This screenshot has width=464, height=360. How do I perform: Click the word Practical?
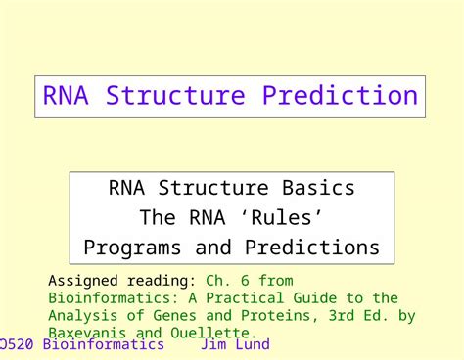(225, 298)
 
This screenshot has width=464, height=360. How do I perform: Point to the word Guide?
(302, 298)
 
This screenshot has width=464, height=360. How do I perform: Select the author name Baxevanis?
(87, 333)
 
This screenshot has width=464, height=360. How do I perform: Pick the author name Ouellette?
(217, 333)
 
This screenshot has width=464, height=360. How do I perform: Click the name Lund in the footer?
(252, 345)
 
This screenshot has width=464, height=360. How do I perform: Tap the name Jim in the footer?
(213, 345)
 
